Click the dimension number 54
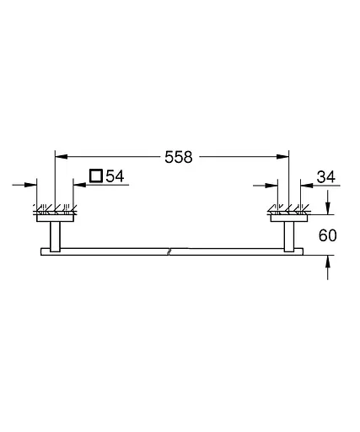tap(115, 176)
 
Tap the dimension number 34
tap(326, 176)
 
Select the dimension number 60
tap(327, 235)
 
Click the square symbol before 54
tap(96, 176)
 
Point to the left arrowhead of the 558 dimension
tap(59, 156)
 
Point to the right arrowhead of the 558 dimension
tap(284, 156)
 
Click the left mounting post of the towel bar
tap(55, 235)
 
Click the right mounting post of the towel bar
tap(289, 235)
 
